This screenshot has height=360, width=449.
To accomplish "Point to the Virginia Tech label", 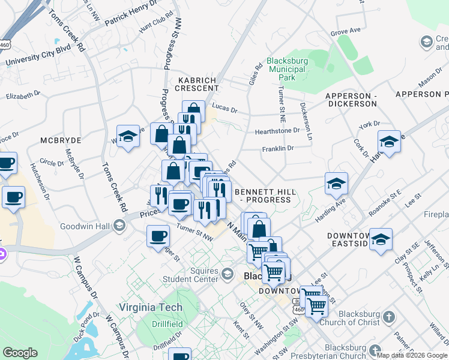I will coord(150,307).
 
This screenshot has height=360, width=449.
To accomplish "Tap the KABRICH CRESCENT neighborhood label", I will coord(197,84).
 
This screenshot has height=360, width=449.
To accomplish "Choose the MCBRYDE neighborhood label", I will coord(61,140).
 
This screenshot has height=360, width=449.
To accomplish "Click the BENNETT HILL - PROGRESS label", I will coord(266,195).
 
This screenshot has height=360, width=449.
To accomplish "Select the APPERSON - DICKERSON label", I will coord(351,100).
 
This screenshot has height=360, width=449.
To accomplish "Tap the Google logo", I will coord(20,353).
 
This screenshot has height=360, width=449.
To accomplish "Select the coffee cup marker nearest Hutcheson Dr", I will coord(13,197).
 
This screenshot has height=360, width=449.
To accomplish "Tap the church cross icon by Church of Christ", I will coord(388,316).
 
